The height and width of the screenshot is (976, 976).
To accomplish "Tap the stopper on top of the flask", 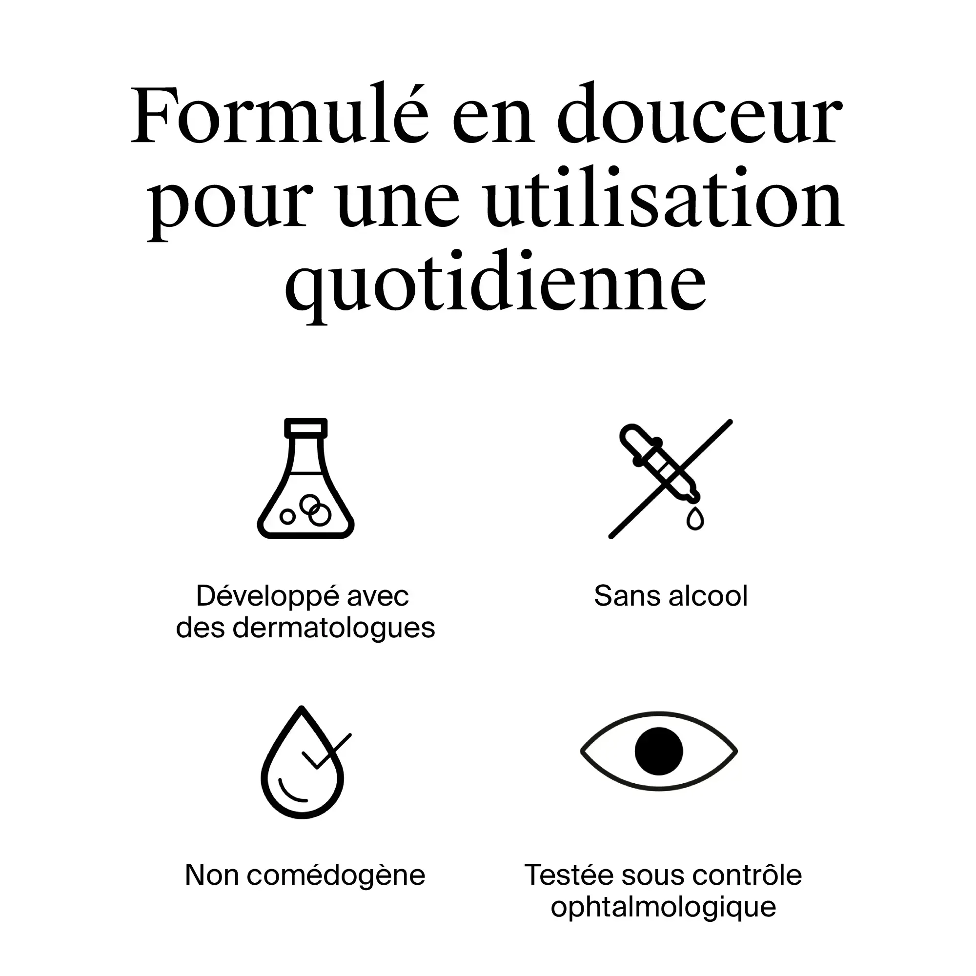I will (305, 427).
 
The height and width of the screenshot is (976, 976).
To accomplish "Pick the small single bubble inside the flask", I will (287, 516).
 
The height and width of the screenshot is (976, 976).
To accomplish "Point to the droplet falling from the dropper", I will (695, 519).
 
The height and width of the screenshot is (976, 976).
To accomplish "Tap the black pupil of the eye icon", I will (659, 751).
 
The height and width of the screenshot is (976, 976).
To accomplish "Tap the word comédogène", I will (336, 875).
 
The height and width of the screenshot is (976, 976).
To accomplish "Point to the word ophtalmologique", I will (663, 907).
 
